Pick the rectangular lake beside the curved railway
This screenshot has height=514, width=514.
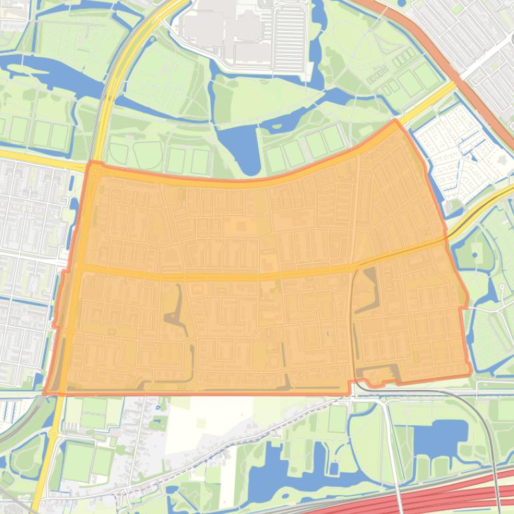[x=440, y=438]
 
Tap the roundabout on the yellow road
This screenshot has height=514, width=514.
[x=52, y=434]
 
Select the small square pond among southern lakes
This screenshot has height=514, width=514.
[x=333, y=468]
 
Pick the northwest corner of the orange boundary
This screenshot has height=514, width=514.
[x=89, y=162]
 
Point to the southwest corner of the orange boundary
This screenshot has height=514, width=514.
[x=45, y=393]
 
